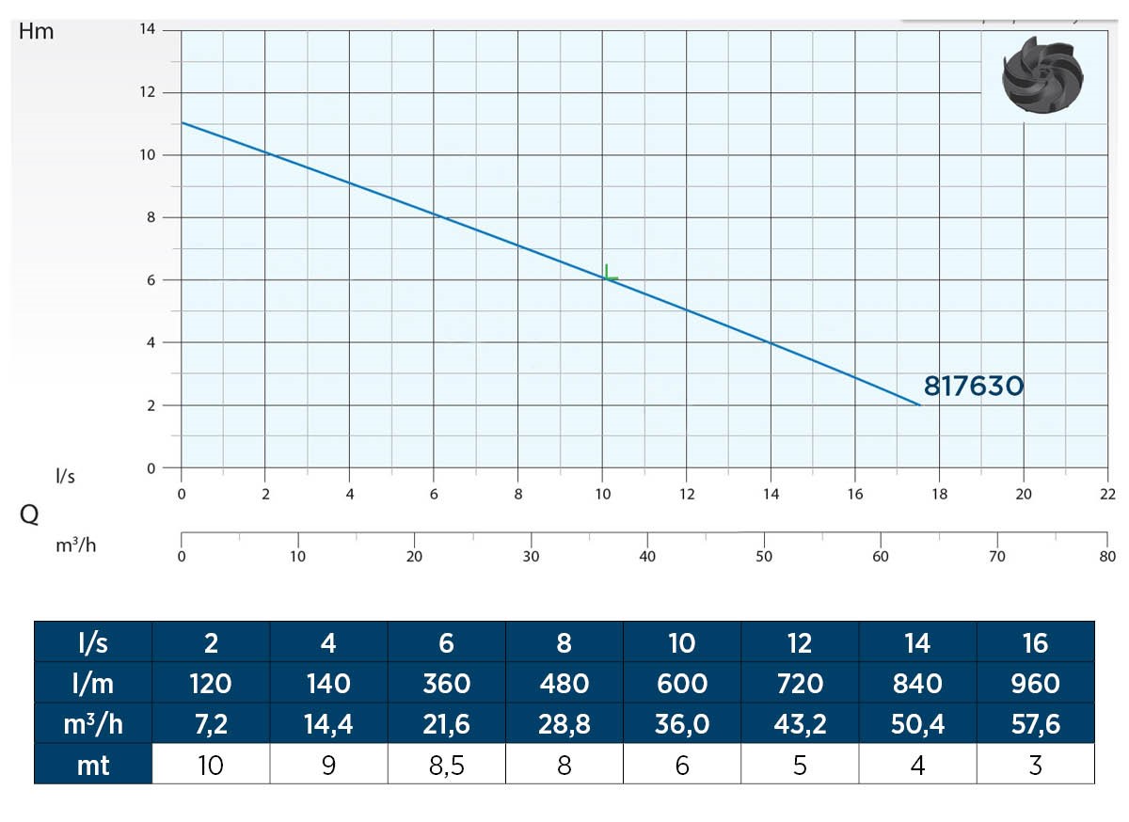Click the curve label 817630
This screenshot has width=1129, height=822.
tap(973, 386)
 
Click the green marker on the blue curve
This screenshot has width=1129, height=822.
tap(610, 274)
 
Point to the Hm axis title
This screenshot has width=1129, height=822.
tap(37, 31)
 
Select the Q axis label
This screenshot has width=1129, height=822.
tap(29, 514)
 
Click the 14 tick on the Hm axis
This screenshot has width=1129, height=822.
tap(148, 30)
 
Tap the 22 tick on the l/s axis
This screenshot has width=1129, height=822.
tap(1108, 493)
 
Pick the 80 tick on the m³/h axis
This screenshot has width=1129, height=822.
tap(1108, 556)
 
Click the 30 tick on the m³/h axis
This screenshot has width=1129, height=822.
tap(531, 556)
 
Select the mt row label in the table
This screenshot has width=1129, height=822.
tap(93, 765)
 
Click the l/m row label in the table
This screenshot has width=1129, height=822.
tap(93, 684)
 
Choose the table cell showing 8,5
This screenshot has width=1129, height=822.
tap(446, 765)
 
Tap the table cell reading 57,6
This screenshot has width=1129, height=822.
tap(1035, 724)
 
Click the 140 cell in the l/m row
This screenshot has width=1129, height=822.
tap(328, 684)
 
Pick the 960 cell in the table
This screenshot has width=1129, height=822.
tap(1035, 684)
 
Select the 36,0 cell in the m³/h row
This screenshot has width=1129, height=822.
tap(681, 724)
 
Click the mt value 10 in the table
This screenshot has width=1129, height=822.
tap(211, 765)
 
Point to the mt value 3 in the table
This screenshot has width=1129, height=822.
tap(1035, 765)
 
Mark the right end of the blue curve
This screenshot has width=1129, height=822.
tap(920, 404)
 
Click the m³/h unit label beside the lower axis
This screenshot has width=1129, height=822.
tap(76, 545)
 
